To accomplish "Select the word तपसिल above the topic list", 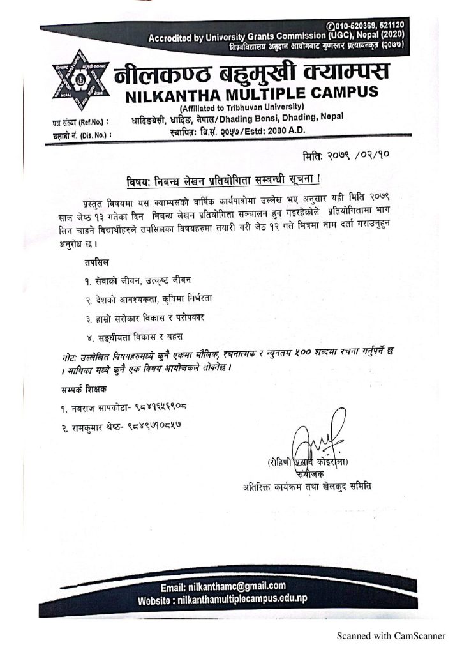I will click(x=96, y=262).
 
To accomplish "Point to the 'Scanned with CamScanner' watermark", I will click(x=391, y=635).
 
